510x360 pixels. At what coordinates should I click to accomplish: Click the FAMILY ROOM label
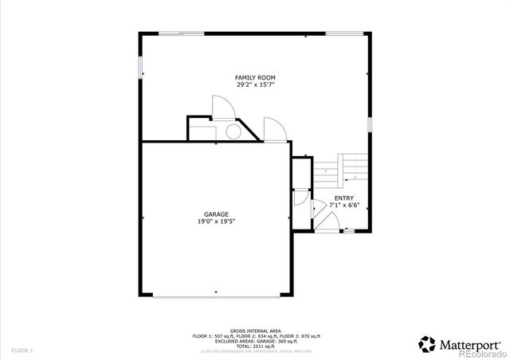pyautogui.click(x=255, y=77)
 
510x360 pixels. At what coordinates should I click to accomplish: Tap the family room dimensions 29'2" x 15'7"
pyautogui.click(x=255, y=84)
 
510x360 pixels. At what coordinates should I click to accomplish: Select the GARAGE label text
pyautogui.click(x=216, y=214)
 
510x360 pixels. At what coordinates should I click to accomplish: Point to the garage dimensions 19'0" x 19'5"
pyautogui.click(x=216, y=221)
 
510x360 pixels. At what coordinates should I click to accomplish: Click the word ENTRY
pyautogui.click(x=344, y=198)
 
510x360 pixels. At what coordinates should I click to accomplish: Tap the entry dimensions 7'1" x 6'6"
pyautogui.click(x=344, y=205)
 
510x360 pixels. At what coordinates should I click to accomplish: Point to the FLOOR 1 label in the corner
pyautogui.click(x=22, y=350)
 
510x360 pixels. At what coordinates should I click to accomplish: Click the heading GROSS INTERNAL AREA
pyautogui.click(x=255, y=331)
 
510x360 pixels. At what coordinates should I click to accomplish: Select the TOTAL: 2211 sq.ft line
pyautogui.click(x=255, y=345)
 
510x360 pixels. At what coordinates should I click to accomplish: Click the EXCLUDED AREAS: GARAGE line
pyautogui.click(x=255, y=340)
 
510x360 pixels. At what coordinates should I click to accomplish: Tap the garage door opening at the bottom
pyautogui.click(x=216, y=295)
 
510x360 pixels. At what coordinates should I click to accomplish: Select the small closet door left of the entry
pyautogui.click(x=300, y=198)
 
